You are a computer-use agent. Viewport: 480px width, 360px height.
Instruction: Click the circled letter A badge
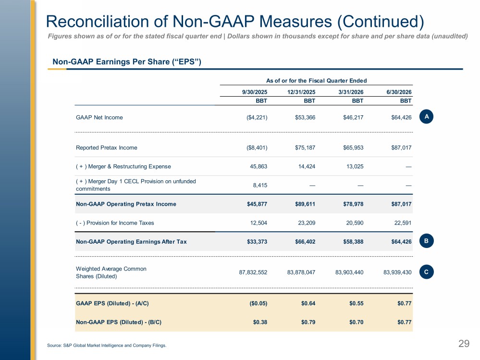click(x=427, y=117)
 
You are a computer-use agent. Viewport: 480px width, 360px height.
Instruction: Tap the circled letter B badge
click(x=427, y=241)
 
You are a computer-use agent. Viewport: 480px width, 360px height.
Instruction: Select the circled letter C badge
click(x=427, y=272)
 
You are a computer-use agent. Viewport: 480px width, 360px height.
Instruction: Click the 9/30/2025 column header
click(x=255, y=92)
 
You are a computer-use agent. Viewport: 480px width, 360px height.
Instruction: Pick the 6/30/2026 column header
click(x=399, y=92)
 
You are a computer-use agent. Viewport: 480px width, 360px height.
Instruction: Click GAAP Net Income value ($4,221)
click(x=257, y=117)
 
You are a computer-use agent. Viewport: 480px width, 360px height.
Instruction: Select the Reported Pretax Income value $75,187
click(x=305, y=148)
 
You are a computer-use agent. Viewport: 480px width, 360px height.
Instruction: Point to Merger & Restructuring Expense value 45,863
click(x=258, y=166)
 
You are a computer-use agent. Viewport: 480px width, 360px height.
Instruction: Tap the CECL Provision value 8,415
click(x=260, y=185)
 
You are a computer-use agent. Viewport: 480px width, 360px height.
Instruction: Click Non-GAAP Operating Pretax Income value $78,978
click(x=353, y=204)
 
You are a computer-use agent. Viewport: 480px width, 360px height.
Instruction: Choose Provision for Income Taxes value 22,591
click(x=403, y=223)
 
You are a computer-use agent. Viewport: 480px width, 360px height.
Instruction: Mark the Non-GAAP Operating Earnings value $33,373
click(x=257, y=242)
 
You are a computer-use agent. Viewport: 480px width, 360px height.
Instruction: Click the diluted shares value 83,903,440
click(x=349, y=272)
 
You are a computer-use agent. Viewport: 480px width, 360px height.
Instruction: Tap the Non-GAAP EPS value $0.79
click(x=308, y=322)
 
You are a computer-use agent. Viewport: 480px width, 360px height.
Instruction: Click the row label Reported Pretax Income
click(x=107, y=148)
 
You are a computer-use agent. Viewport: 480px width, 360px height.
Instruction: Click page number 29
click(x=464, y=344)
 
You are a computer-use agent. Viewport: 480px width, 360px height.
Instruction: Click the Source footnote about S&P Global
click(x=107, y=345)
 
